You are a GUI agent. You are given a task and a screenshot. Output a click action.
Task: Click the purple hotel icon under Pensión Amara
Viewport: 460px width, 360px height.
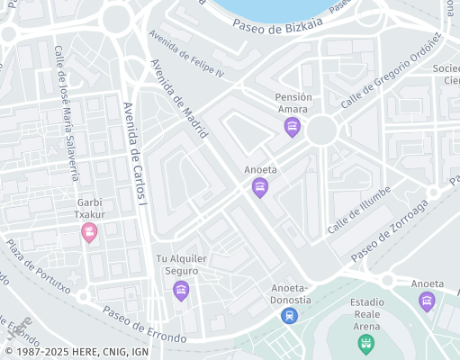point(292,128)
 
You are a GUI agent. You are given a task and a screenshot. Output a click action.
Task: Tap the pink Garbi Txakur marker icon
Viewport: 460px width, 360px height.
point(89,234)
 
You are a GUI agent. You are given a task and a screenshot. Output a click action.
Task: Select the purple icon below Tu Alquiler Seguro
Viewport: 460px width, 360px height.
point(181,291)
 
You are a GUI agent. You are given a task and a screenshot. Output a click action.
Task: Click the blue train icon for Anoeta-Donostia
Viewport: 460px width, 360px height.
point(288,315)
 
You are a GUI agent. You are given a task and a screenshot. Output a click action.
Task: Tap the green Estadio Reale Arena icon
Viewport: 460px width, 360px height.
point(365,342)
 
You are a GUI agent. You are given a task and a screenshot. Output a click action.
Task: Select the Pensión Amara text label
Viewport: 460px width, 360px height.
point(293,103)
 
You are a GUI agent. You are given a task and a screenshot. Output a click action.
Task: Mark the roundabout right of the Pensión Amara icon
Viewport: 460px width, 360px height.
point(321,131)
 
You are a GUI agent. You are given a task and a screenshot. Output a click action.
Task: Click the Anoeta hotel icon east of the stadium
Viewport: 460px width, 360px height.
point(427,301)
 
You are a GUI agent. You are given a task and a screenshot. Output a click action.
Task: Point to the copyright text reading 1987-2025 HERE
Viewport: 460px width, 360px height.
point(77,352)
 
